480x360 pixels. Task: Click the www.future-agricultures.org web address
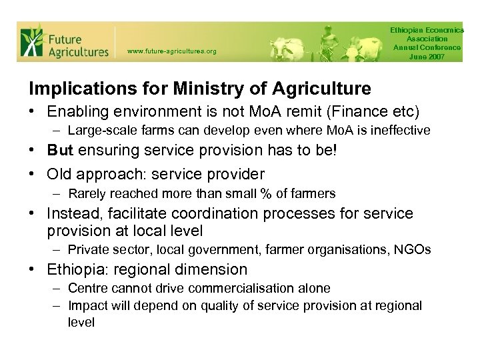click(x=171, y=51)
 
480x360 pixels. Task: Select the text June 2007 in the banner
click(x=427, y=56)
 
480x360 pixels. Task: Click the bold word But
click(x=61, y=150)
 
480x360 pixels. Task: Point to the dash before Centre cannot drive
click(x=58, y=289)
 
